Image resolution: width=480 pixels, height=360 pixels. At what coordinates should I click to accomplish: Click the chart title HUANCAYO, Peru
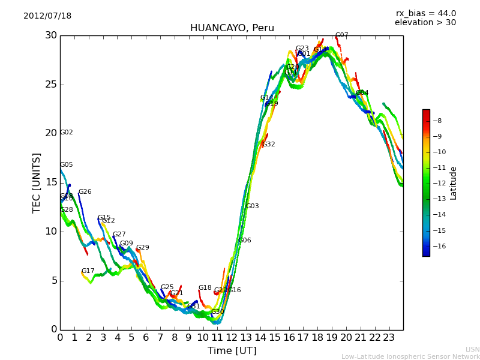[232, 28]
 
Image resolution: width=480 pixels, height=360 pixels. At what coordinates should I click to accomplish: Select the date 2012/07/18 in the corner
[47, 16]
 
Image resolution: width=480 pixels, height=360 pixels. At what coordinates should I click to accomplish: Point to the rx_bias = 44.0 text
[425, 14]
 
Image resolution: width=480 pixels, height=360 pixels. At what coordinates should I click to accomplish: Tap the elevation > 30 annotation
[425, 23]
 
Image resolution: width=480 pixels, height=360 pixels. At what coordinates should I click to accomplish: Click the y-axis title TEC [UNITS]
[37, 182]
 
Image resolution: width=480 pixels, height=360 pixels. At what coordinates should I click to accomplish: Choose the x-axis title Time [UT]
[232, 351]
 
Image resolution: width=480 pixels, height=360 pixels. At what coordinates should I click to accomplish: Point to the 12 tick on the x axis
[232, 338]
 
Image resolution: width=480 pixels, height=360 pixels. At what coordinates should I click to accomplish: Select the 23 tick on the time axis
[389, 338]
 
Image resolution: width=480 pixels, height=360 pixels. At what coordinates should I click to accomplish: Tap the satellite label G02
[67, 133]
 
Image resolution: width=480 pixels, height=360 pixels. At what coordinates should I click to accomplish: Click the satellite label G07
[341, 35]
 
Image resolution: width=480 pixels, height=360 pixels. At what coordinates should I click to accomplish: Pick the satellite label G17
[88, 271]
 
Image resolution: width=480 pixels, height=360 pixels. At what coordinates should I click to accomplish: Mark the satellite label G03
[252, 206]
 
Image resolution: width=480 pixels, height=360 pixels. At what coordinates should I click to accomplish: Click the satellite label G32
[268, 145]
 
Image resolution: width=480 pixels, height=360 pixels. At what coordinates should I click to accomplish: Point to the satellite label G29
[142, 248]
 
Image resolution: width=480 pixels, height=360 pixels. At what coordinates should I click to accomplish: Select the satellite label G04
[362, 93]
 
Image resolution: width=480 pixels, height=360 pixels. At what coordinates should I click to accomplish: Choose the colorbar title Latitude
[454, 183]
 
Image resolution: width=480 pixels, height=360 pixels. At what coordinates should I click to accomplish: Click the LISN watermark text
[472, 349]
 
